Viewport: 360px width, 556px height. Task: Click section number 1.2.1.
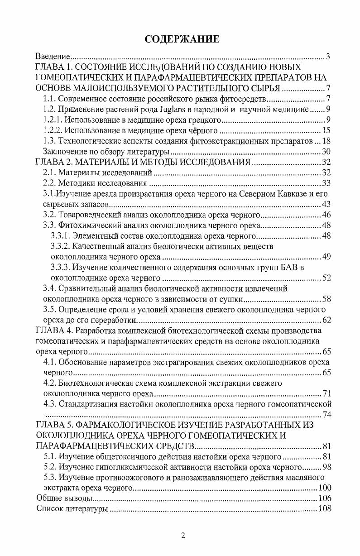tap(51, 120)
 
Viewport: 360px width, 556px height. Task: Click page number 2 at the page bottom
tap(182, 536)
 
